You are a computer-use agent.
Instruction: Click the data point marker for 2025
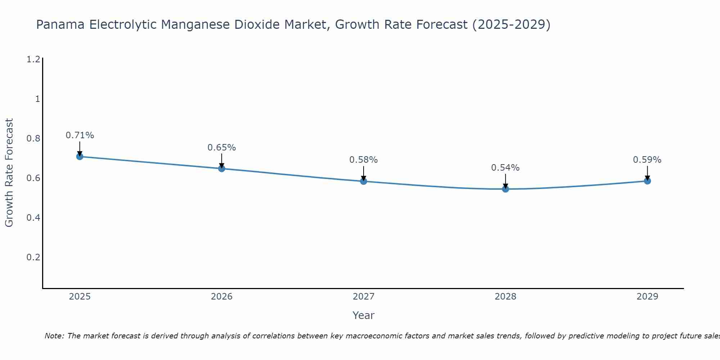point(80,156)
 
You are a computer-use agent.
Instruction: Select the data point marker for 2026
point(221,168)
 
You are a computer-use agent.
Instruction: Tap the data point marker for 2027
point(363,181)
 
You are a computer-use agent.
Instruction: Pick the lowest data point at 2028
point(505,189)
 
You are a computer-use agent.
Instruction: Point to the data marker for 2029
point(647,181)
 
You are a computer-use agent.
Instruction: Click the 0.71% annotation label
point(80,135)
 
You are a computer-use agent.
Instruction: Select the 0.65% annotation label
point(221,148)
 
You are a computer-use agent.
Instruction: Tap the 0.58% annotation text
point(363,160)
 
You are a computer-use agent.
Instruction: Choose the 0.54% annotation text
point(505,168)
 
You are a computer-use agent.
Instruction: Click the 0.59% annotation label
point(647,160)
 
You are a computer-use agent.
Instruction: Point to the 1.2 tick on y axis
point(33,59)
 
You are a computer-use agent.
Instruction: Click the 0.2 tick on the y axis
point(33,257)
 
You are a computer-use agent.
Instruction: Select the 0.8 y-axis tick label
point(33,139)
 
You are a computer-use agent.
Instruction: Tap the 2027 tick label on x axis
point(363,297)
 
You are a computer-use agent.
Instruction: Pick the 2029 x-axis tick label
point(647,297)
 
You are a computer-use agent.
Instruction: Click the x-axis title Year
point(363,315)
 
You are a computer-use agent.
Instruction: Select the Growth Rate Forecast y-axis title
point(9,173)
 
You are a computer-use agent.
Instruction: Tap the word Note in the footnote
point(54,336)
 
